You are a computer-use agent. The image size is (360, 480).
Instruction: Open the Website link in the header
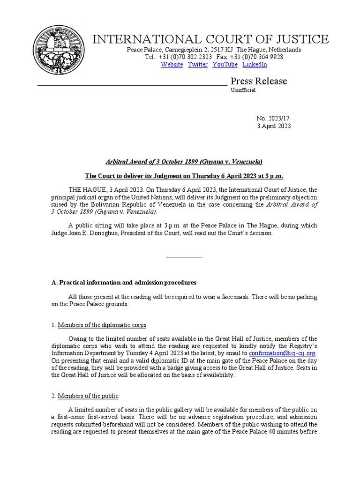172,65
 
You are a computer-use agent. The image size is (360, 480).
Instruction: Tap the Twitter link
197,65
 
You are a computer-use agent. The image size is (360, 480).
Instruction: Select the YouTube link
225,65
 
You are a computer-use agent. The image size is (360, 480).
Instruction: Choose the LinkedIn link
255,65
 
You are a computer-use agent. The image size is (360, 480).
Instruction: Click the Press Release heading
258,81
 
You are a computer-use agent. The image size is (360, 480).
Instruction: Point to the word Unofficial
243,90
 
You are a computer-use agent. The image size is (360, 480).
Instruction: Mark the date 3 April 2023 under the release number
274,126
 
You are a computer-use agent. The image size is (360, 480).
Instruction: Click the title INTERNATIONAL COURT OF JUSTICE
210,39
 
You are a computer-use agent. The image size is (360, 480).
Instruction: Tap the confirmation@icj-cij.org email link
282,353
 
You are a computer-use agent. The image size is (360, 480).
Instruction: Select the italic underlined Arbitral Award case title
184,162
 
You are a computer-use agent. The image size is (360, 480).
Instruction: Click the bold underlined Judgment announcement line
184,176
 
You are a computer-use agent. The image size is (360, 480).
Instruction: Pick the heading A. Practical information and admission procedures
124,283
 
